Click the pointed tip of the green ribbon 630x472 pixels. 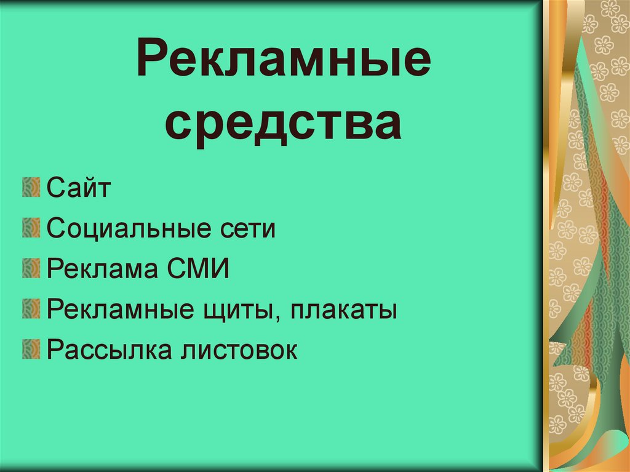[581, 41]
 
